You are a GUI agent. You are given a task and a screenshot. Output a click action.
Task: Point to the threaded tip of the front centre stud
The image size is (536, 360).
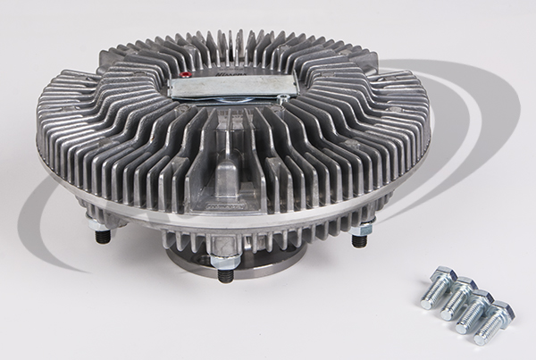(x=223, y=273)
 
